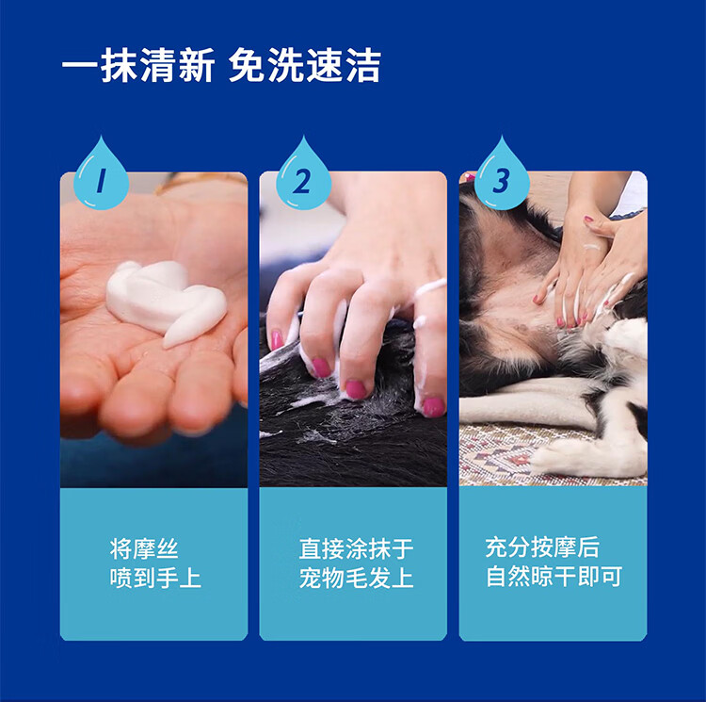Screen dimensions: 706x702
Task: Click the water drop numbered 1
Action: (102, 178)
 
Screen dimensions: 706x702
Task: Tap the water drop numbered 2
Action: (303, 178)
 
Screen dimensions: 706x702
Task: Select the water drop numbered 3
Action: (502, 178)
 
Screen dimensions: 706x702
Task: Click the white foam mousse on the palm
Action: (166, 301)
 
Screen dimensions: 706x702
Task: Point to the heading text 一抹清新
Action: (137, 66)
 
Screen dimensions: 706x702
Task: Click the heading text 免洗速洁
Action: (305, 66)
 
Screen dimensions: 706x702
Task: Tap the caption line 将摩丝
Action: (144, 548)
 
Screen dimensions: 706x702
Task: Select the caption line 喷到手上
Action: (155, 578)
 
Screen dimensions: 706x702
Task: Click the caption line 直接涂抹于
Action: (356, 548)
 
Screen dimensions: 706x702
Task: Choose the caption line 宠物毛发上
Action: (356, 578)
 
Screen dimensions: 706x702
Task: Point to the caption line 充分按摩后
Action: (542, 547)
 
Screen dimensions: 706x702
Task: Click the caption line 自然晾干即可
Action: (554, 577)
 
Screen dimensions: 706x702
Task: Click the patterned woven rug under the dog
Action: (518, 455)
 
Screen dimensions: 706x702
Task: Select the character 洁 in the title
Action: (363, 66)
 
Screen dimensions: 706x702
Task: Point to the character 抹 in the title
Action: (119, 66)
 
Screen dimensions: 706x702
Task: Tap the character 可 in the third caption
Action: (612, 577)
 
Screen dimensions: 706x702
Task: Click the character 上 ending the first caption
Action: (190, 578)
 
